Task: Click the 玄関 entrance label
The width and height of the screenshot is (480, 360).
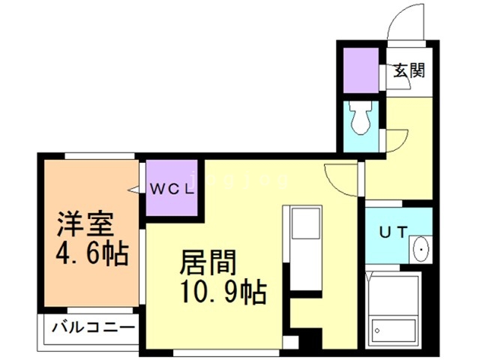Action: point(409,72)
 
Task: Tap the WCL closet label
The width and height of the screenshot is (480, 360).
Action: point(172,188)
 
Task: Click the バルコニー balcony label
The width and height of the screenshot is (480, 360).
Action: point(94,328)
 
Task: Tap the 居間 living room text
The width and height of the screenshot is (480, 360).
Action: point(208,263)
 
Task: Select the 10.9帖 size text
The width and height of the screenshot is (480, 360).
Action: point(223,292)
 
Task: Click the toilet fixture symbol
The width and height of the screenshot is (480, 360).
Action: point(361,119)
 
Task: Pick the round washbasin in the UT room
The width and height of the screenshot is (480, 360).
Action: point(420,248)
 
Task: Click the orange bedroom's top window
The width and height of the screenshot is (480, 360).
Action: point(100,155)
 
